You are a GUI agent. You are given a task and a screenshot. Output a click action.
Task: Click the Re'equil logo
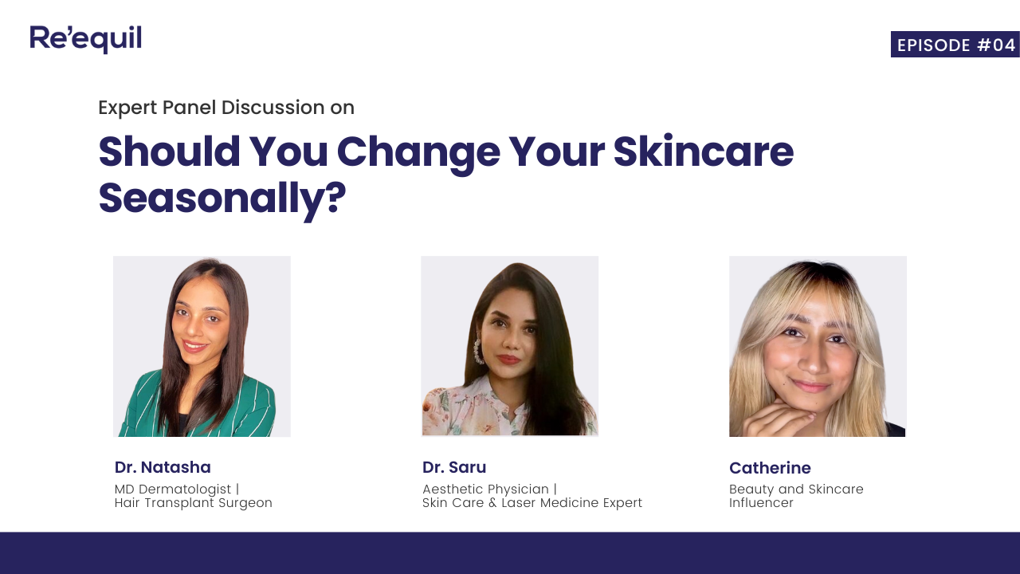click(86, 38)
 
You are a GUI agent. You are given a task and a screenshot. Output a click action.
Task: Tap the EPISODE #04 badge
click(955, 45)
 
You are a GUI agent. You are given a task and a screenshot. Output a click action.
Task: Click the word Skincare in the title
click(704, 151)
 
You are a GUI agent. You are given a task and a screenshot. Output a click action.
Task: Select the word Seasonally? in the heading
click(222, 199)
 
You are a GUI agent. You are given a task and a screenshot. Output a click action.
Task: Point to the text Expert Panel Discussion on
click(226, 108)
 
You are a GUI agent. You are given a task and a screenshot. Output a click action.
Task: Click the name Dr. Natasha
click(163, 467)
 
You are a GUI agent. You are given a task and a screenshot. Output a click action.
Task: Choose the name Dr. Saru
click(454, 467)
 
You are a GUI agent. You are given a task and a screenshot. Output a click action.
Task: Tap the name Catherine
click(770, 468)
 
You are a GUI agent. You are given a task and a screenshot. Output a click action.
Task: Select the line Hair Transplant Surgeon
click(194, 503)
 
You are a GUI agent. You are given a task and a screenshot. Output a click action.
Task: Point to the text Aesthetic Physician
click(486, 489)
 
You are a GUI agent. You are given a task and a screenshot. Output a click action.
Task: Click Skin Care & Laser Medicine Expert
click(532, 503)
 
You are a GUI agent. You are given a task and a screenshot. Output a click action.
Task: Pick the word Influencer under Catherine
click(761, 503)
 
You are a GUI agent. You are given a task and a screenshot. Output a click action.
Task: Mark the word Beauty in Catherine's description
click(751, 489)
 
